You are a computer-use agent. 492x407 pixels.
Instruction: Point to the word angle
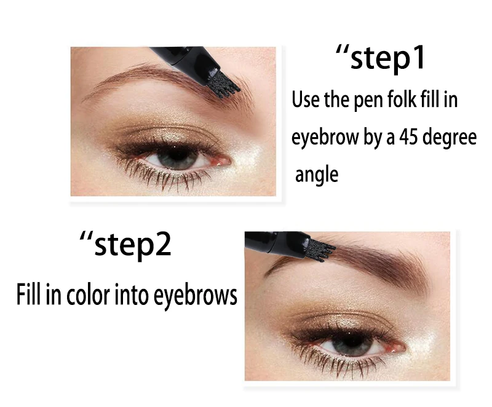click(317, 175)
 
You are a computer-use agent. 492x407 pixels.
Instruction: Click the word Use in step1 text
click(306, 100)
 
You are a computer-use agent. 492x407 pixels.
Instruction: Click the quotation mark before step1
click(342, 51)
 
